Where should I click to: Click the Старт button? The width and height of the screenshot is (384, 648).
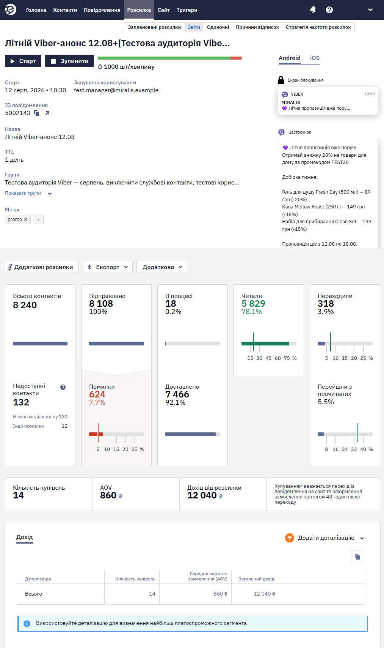coord(23,61)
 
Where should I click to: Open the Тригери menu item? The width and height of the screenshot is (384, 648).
coord(187,10)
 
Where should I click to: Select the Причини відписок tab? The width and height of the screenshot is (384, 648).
coord(257,27)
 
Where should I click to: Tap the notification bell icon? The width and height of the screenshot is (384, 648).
coord(313,10)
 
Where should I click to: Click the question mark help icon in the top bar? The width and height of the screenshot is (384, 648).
coord(329,10)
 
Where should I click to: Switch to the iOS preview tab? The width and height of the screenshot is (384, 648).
coord(315,58)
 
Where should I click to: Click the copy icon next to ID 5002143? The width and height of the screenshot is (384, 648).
coord(37,113)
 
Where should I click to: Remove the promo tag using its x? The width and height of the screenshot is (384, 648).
coord(26,219)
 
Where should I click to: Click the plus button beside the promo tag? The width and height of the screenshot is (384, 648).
coord(38,219)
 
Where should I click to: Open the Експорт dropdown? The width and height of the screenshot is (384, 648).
coord(108,267)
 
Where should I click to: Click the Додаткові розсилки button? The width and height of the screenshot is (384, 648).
coord(42,267)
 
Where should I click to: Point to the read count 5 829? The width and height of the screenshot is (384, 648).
coord(253,303)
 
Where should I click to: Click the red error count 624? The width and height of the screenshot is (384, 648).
coord(97,394)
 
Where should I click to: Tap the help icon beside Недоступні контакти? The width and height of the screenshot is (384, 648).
coord(63,387)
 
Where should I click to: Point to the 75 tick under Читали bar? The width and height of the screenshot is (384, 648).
coord(287,358)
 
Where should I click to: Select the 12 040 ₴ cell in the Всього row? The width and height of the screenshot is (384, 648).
coord(264,594)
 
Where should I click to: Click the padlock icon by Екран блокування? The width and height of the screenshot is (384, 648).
coord(281,80)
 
